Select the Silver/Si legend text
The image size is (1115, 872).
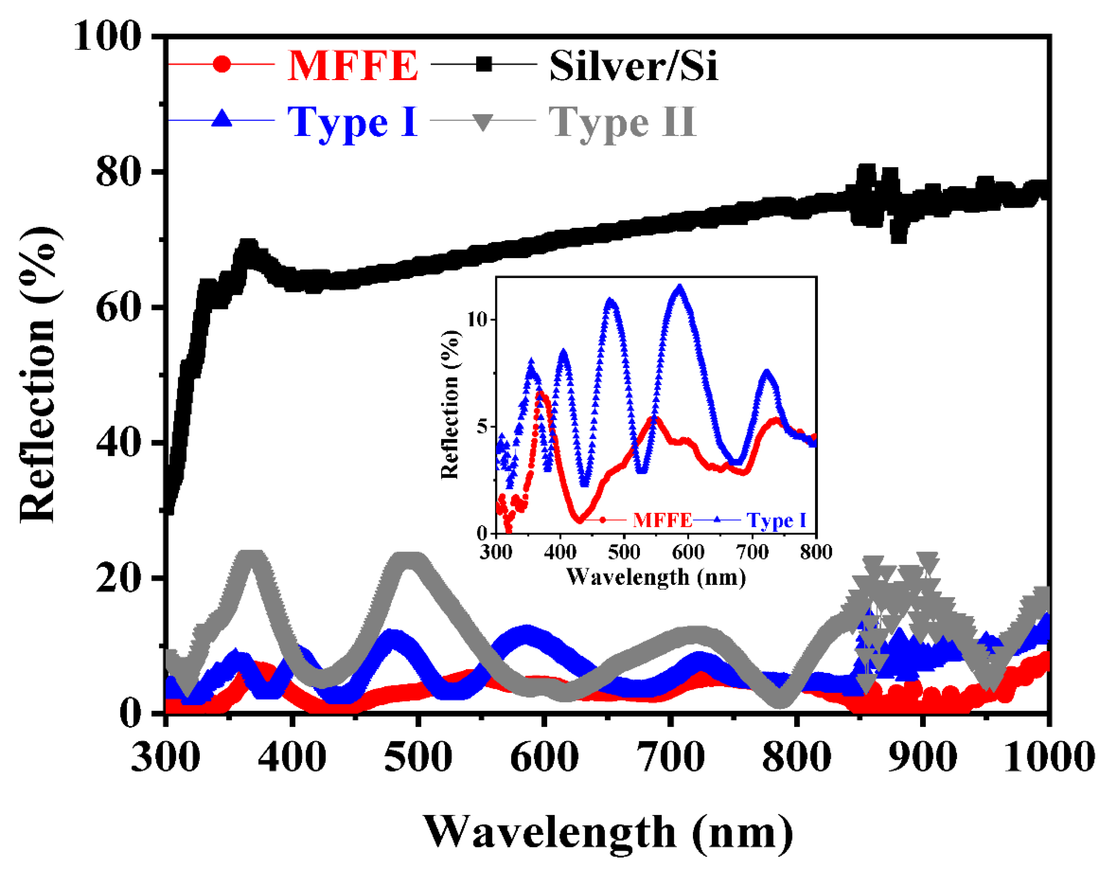(633, 66)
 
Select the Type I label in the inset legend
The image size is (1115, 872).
(777, 520)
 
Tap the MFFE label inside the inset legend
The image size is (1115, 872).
(662, 520)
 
